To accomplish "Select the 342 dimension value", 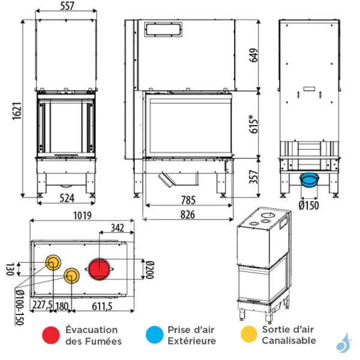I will pyautogui.click(x=119, y=228).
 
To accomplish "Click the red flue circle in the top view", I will pyautogui.click(x=99, y=268).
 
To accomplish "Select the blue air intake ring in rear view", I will pyautogui.click(x=310, y=179).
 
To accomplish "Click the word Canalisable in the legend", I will pyautogui.click(x=289, y=341).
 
